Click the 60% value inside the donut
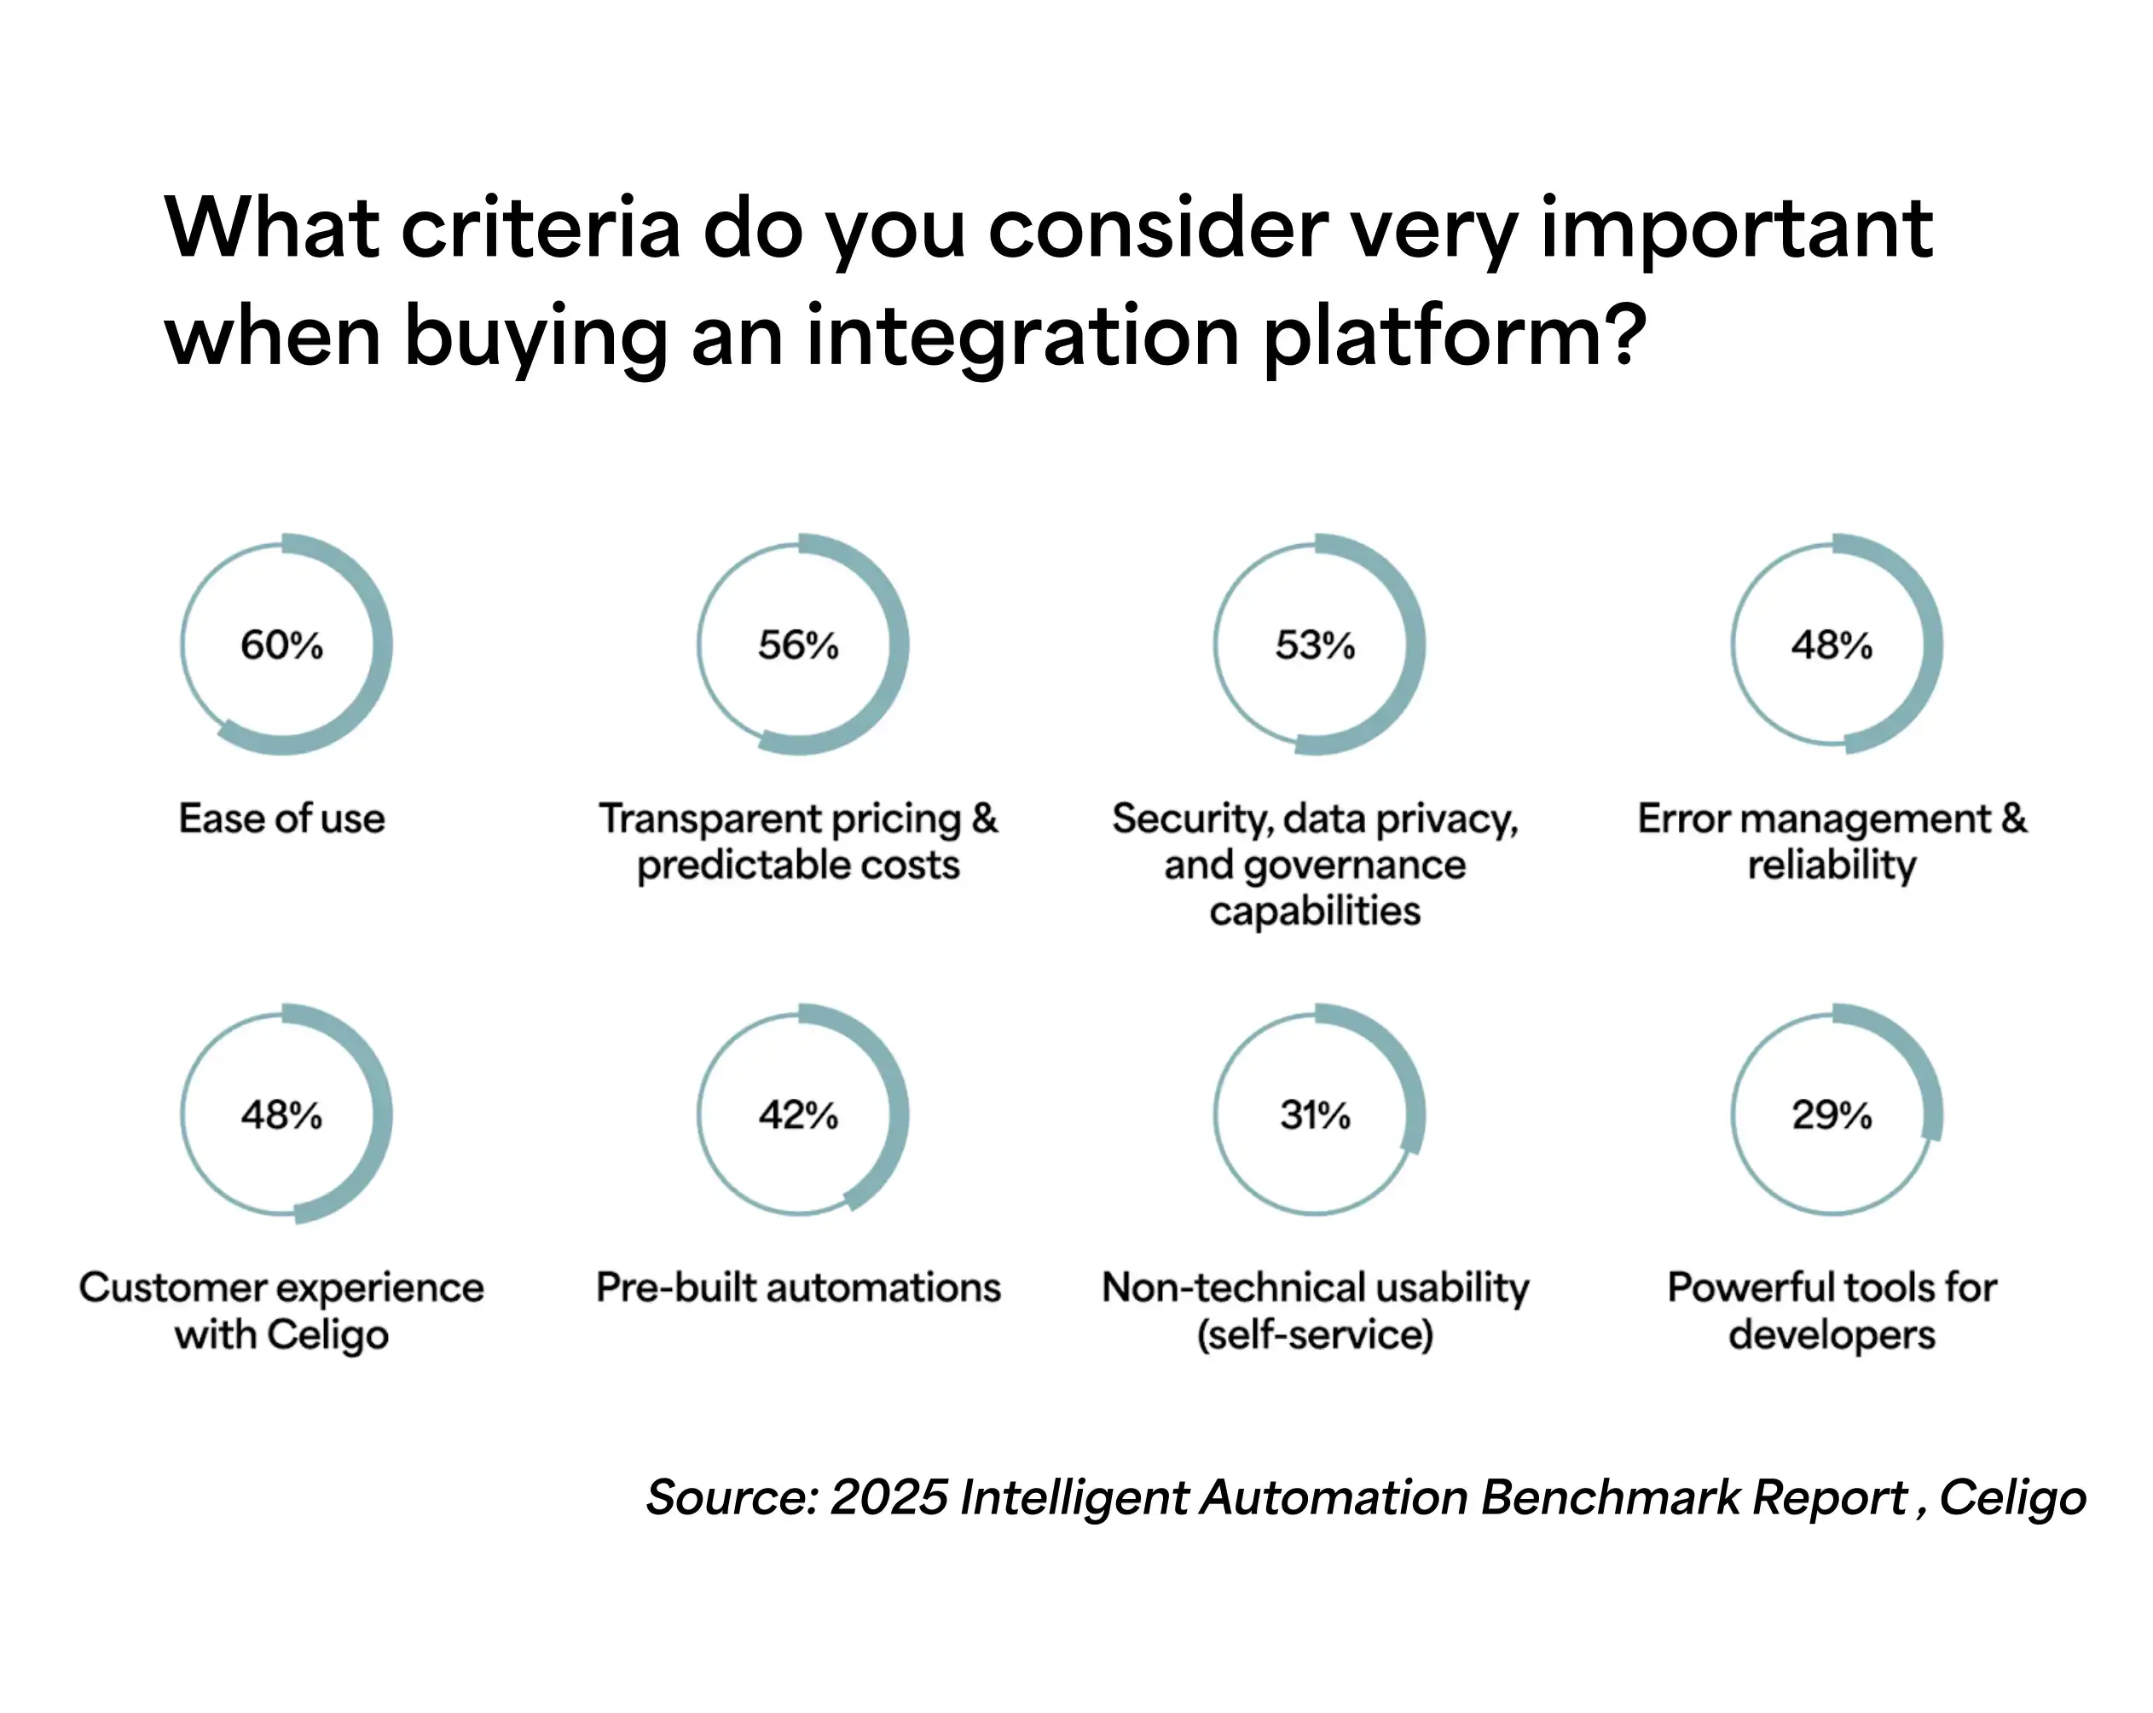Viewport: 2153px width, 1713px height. [281, 645]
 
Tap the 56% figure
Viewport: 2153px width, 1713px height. [798, 645]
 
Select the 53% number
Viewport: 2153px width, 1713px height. [1314, 645]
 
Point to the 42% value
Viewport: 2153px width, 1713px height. [798, 1114]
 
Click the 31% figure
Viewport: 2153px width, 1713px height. [1314, 1114]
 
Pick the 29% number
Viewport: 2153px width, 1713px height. [1832, 1114]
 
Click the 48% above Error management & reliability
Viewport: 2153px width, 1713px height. [1832, 645]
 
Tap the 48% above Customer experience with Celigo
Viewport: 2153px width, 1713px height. [281, 1114]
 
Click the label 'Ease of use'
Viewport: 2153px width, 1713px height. [281, 818]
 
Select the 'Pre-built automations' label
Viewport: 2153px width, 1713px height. [798, 1288]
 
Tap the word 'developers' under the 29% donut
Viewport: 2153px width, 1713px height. [1832, 1334]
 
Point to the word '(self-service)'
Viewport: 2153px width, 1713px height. [1314, 1334]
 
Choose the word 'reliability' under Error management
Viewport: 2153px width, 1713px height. [1832, 865]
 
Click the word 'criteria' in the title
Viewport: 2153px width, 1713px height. [541, 228]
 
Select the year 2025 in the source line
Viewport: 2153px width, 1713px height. [888, 1497]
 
